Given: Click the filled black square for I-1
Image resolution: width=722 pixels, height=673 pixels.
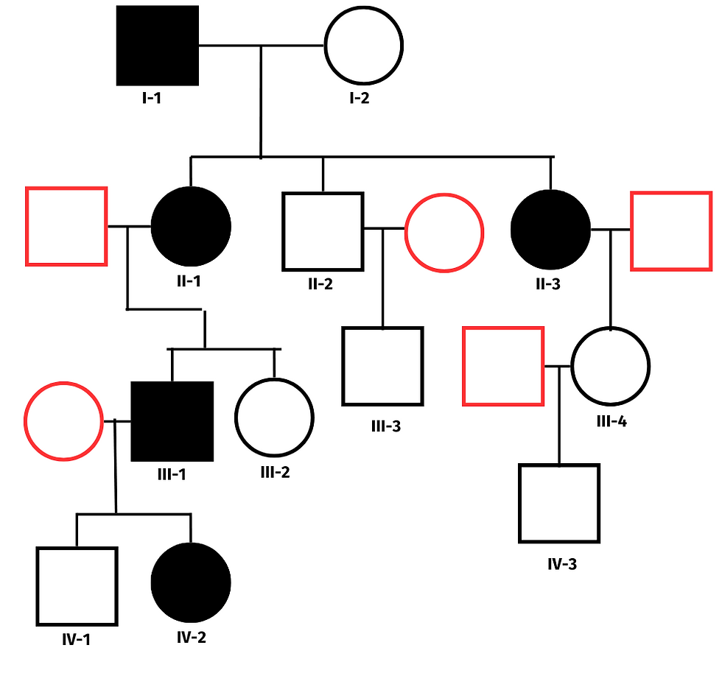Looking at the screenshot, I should [x=158, y=46].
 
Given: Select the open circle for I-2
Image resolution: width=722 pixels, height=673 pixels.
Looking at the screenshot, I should [x=364, y=46].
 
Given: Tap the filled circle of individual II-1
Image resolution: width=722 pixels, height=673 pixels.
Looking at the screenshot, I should [x=191, y=226].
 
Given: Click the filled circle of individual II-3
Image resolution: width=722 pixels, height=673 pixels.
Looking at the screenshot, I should [x=550, y=230].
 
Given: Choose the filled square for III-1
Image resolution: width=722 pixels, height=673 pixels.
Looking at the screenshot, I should [x=172, y=422].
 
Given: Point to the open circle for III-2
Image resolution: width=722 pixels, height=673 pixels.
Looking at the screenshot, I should [x=274, y=417].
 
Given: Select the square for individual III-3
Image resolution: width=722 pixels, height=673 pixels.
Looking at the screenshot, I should [x=382, y=366].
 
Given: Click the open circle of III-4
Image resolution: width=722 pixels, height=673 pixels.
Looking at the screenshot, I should [x=611, y=366].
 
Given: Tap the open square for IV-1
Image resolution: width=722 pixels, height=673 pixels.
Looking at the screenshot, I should [x=77, y=586].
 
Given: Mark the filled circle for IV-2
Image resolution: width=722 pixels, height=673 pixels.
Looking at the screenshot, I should [x=191, y=582].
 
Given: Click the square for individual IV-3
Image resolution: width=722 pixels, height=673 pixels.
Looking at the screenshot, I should [x=558, y=503].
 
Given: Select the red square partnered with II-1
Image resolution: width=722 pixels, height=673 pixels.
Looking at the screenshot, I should [x=66, y=226].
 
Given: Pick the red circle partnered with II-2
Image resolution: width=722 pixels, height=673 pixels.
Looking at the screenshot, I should [x=444, y=231].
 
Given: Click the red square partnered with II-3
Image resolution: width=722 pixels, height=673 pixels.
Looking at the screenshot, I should [x=671, y=230].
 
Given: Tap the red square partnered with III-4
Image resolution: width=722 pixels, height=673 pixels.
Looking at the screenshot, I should [x=503, y=366].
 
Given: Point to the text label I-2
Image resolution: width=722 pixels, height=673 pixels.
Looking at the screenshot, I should [x=359, y=98].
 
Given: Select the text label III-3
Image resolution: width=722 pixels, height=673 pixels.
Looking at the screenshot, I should [x=385, y=426].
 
